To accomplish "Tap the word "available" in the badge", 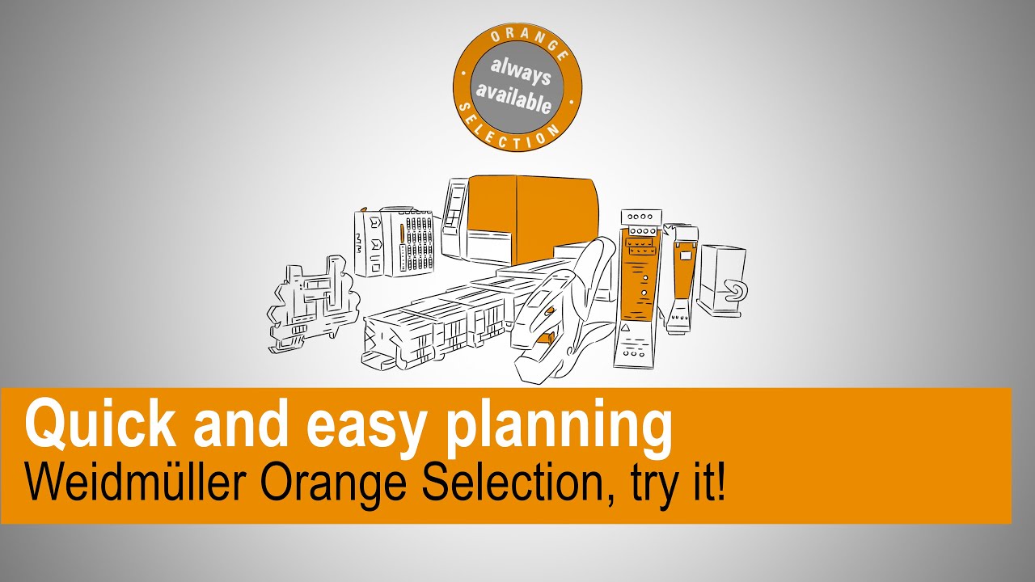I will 514,97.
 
